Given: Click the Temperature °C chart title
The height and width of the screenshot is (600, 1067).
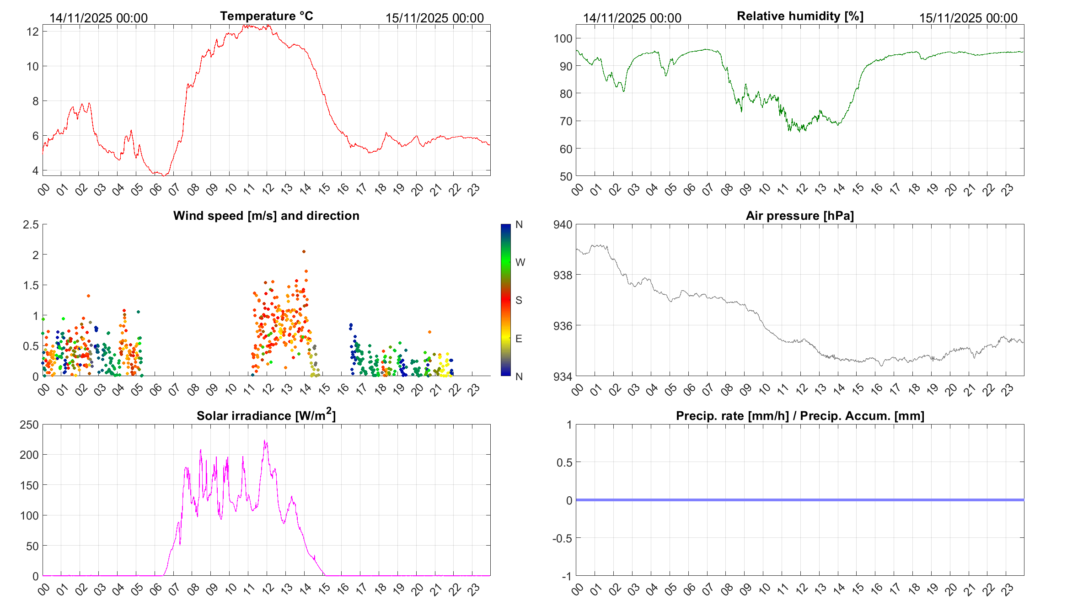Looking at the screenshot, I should pyautogui.click(x=266, y=16).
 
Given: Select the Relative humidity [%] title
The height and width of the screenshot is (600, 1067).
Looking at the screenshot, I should pyautogui.click(x=800, y=16).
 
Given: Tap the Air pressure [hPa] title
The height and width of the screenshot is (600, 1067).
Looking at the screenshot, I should pyautogui.click(x=799, y=216).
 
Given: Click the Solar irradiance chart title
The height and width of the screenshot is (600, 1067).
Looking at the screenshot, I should pyautogui.click(x=266, y=415).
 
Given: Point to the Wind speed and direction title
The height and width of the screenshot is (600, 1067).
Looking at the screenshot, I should pyautogui.click(x=266, y=216).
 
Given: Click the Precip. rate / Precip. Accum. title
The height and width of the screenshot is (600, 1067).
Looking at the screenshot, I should pyautogui.click(x=800, y=416).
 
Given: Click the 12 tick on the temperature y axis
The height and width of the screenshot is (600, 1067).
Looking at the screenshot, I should pyautogui.click(x=32, y=32).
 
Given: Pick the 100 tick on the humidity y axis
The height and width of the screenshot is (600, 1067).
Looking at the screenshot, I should pyautogui.click(x=563, y=38).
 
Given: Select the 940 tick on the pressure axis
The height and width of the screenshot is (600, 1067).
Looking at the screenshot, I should pyautogui.click(x=563, y=224).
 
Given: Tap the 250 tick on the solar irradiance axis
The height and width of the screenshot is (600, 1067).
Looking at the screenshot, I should pyautogui.click(x=29, y=425).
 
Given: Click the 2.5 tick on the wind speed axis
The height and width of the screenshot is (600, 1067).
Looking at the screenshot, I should pyautogui.click(x=31, y=224).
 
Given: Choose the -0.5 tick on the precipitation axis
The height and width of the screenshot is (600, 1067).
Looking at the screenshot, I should pyautogui.click(x=562, y=538).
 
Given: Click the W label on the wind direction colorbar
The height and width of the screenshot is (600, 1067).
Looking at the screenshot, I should pyautogui.click(x=520, y=262).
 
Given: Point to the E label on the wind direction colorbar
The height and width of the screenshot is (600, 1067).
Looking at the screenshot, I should pyautogui.click(x=519, y=339).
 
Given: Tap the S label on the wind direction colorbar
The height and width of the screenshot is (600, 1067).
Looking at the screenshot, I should pyautogui.click(x=519, y=300).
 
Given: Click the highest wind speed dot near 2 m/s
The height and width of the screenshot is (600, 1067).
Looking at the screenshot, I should pyautogui.click(x=304, y=251).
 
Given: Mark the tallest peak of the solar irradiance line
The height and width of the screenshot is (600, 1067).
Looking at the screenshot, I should pyautogui.click(x=265, y=441).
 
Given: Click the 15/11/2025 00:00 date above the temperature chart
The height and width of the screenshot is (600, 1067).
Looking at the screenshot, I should pyautogui.click(x=434, y=18).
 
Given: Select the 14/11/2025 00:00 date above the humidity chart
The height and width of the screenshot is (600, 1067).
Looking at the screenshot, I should pyautogui.click(x=632, y=18).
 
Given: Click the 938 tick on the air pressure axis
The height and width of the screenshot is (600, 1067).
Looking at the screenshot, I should pyautogui.click(x=563, y=275).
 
